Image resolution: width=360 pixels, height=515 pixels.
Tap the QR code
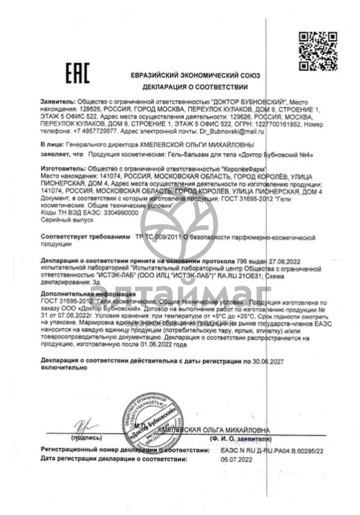[x=318, y=51]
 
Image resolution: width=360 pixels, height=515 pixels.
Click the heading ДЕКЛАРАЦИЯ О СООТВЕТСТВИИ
[x=195, y=87]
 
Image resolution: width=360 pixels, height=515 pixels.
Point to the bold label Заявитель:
[x=58, y=102]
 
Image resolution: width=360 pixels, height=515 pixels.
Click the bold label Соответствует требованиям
[x=86, y=238]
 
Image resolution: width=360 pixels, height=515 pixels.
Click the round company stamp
[x=150, y=421]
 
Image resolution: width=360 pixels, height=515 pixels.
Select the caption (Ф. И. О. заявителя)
[x=240, y=439]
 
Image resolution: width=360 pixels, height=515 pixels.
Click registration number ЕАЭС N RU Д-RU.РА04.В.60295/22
[x=272, y=451]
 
